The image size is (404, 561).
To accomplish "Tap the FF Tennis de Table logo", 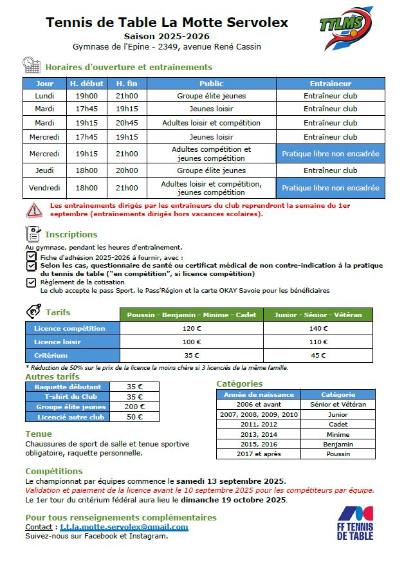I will pos(355,523).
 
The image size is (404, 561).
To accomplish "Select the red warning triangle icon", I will pos(33,210).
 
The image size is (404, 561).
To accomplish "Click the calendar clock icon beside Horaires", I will pos(32,65).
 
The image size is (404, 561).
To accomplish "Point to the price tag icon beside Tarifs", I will pos(33,311).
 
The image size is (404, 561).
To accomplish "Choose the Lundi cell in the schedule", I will pos(44,96).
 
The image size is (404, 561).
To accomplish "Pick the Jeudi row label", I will pos(44,170).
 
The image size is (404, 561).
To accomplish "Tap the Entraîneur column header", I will pos(330,84).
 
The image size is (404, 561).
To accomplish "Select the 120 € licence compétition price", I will pos(192,328).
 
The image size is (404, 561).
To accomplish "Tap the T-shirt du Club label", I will pos(70,397).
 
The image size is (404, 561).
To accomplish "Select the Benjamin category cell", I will pos(338,445).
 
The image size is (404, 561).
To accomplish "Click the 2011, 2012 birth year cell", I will pos(259,425).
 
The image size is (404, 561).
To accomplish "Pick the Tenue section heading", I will pos(39,434).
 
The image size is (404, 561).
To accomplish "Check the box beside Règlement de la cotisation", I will pos(31,282).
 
